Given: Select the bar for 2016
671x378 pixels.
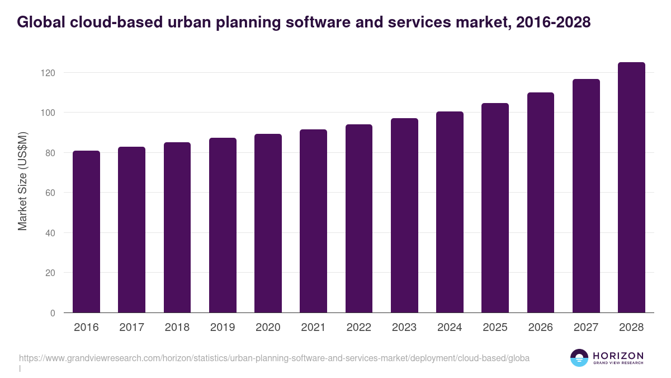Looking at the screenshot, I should click(86, 232).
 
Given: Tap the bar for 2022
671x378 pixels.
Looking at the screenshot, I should click(359, 218).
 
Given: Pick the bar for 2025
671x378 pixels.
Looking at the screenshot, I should click(495, 208).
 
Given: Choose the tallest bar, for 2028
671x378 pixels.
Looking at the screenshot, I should click(631, 188).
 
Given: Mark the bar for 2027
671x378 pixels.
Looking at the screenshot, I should click(586, 196).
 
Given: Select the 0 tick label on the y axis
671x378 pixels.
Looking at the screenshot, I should click(52, 313).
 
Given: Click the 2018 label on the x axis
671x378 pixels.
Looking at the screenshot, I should click(177, 328).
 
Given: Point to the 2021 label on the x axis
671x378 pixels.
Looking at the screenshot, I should click(313, 328).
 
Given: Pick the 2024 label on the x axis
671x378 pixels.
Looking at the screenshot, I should click(450, 328).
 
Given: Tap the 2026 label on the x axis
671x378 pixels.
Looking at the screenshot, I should click(540, 328).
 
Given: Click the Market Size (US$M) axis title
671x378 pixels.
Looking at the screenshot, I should click(23, 181).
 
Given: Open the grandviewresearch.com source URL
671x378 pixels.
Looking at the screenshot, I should click(274, 358).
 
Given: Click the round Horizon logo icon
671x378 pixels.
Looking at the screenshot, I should click(579, 358).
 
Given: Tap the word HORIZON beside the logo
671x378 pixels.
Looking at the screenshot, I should click(618, 356).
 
